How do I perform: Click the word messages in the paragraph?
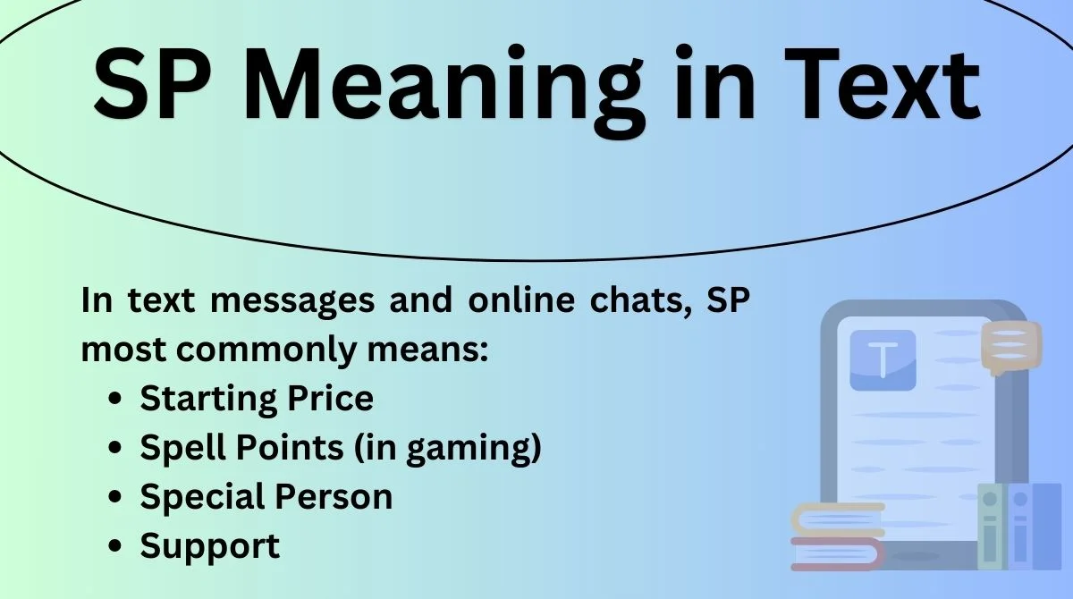coord(292,300)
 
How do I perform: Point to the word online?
coord(521,299)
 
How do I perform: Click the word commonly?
coord(266,350)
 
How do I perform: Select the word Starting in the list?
coord(207,399)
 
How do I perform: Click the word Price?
coord(330,398)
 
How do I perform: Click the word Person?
coord(334,496)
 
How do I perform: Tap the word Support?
coord(210,546)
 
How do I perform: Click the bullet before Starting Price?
coord(115,399)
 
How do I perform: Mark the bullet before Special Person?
coord(115,496)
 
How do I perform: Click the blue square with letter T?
coord(883,360)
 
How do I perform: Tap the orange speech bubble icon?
coord(1011,347)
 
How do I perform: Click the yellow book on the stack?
coord(838,519)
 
